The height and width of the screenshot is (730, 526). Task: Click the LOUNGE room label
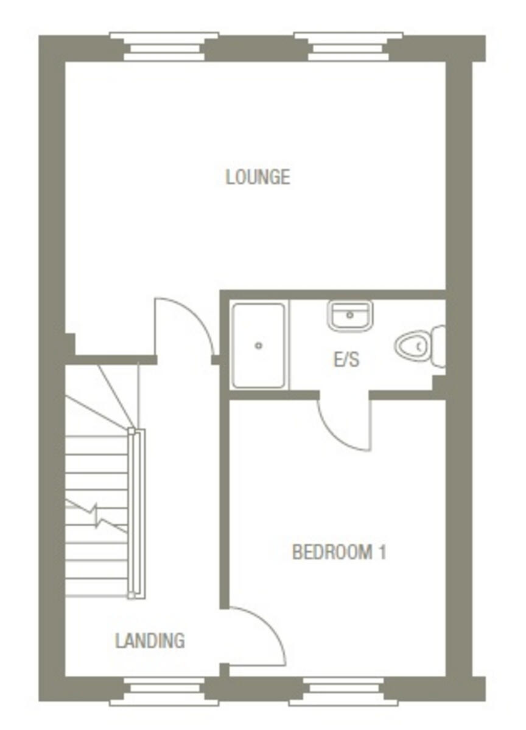[x=258, y=177]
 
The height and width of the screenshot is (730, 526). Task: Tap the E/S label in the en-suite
[x=346, y=360]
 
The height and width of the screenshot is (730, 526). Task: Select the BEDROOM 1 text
[x=338, y=552]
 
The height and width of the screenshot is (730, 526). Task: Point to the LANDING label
[x=150, y=641]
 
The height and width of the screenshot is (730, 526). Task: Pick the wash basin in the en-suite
[x=350, y=315]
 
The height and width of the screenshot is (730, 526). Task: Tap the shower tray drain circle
[x=259, y=346]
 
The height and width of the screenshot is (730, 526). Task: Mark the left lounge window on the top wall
[x=164, y=47]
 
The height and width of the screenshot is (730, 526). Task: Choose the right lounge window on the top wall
[x=348, y=47]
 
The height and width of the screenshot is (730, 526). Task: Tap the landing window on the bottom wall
[x=164, y=690]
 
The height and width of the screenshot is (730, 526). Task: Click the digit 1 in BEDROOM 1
[x=382, y=552]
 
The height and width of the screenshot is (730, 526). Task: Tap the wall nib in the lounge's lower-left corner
[x=70, y=344]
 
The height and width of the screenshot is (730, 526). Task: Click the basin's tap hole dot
[x=350, y=315]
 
